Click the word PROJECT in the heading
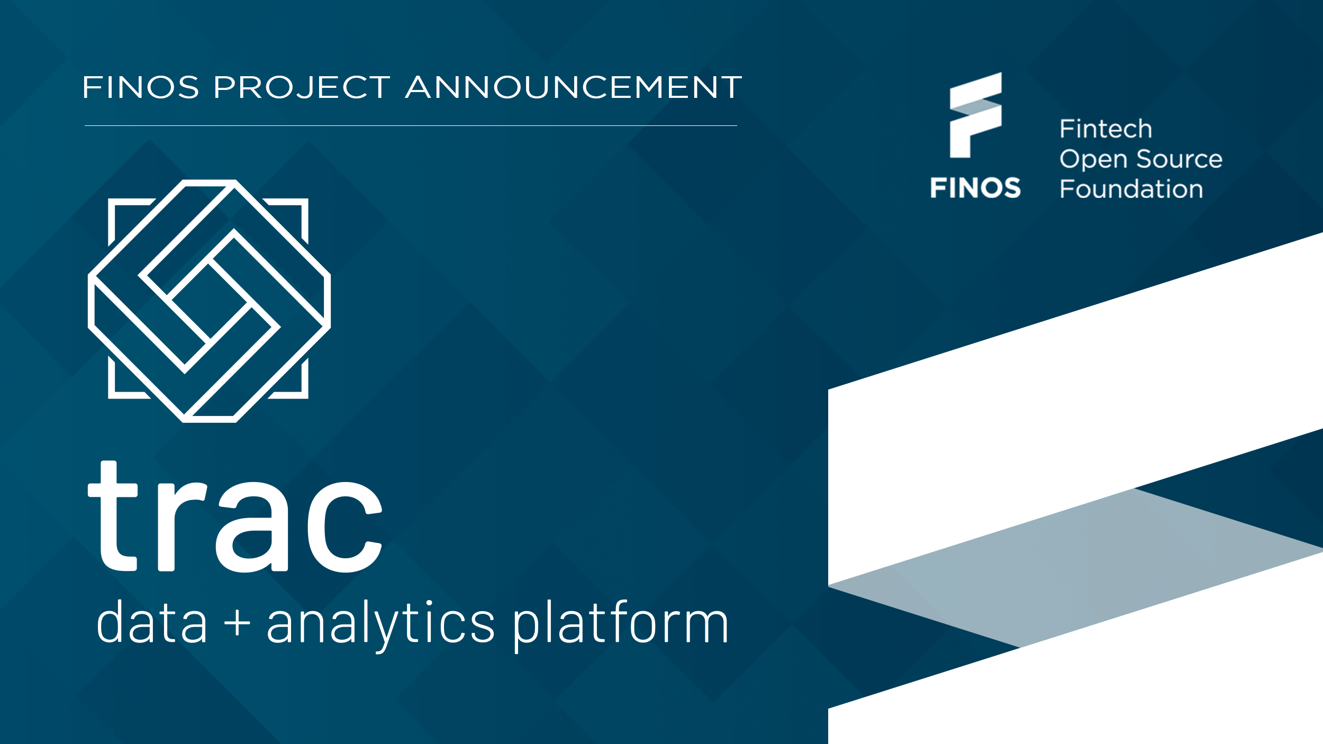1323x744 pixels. point(302,87)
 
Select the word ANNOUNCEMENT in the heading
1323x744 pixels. point(574,87)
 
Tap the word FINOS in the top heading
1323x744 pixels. point(141,87)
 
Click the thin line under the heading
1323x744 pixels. point(411,125)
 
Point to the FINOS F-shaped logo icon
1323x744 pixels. point(975,115)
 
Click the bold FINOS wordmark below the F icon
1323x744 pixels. point(975,188)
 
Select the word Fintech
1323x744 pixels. point(1105,129)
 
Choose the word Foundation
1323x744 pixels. point(1131,189)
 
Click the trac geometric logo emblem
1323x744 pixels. point(209,301)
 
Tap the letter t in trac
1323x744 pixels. point(113,516)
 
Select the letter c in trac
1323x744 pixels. point(344,527)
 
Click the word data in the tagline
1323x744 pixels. point(151,623)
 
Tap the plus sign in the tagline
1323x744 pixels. point(237,623)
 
